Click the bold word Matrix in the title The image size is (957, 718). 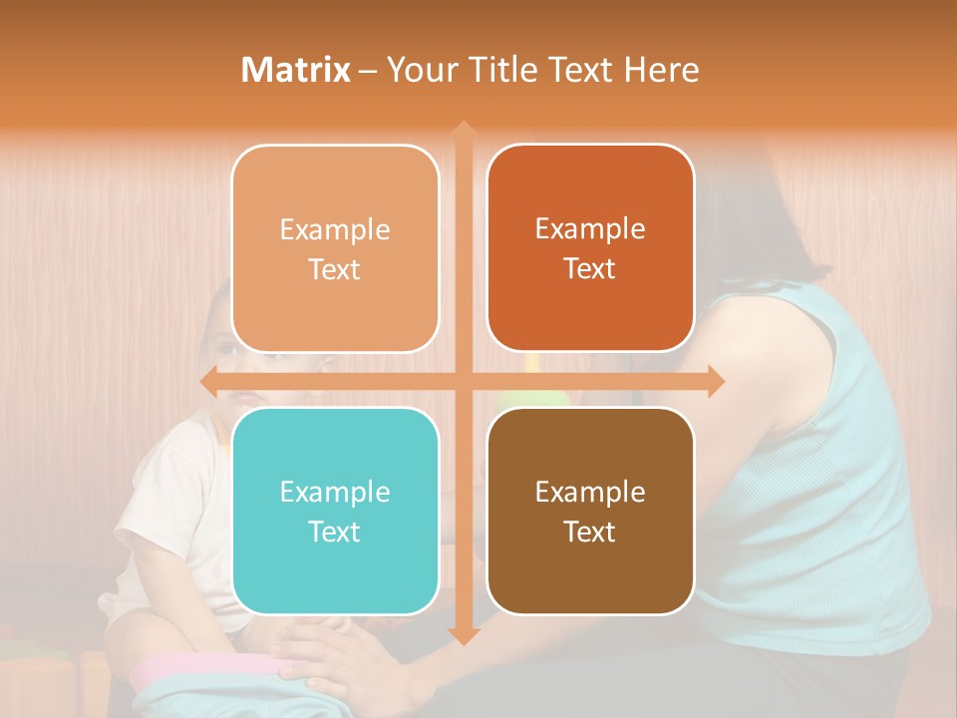click(296, 70)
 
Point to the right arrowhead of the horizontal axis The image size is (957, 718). click(715, 381)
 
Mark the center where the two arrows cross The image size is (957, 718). click(463, 381)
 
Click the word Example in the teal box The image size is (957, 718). click(335, 492)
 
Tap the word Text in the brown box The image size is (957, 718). click(590, 532)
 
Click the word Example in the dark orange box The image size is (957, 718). click(590, 228)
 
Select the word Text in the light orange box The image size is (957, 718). click(335, 269)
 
